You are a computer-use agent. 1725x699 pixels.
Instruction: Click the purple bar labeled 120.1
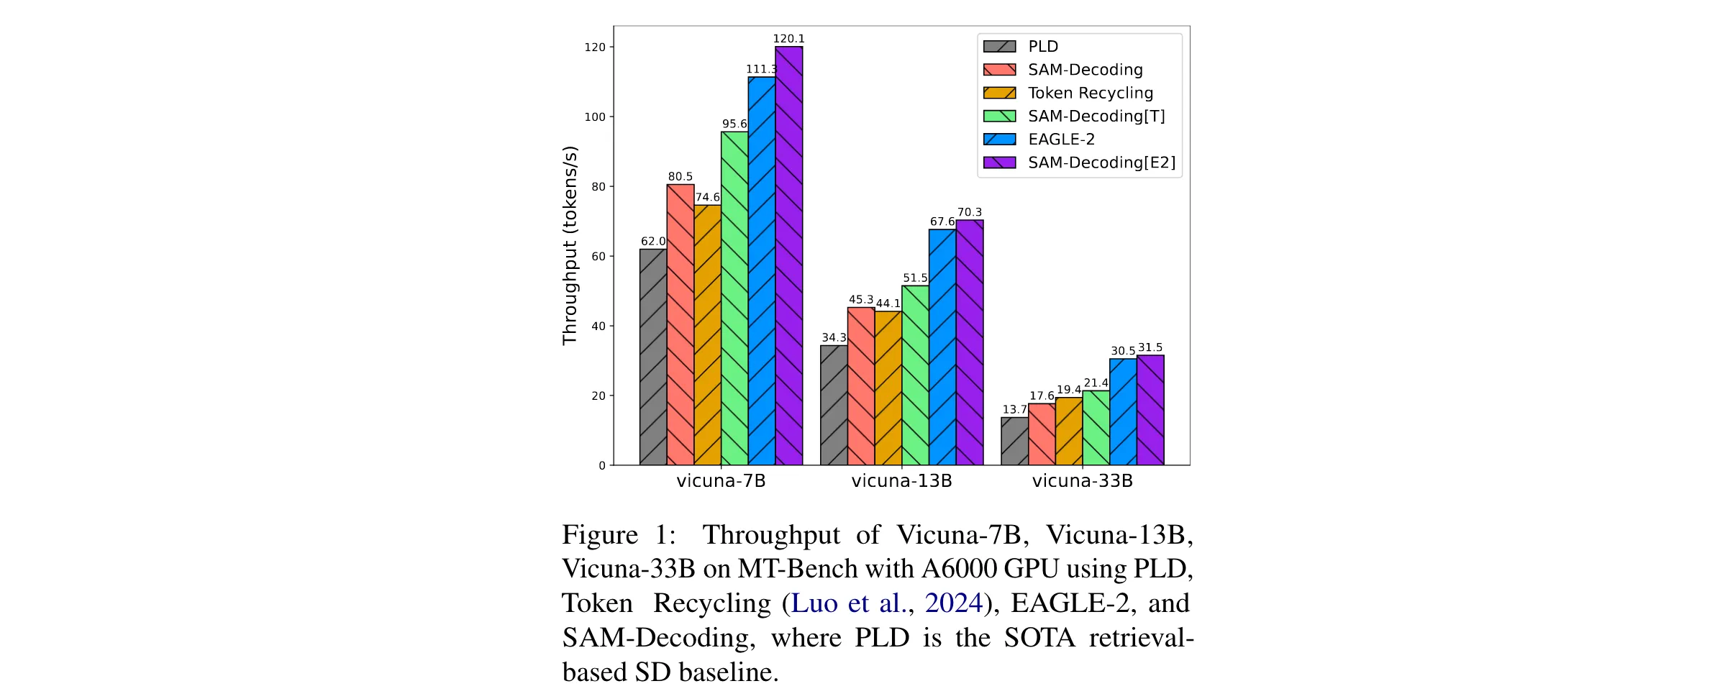point(788,256)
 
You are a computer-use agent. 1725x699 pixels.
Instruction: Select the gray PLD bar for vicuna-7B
point(653,357)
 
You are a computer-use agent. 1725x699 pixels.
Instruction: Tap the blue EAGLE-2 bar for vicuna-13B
point(942,347)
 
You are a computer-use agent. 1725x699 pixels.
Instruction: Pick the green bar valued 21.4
point(1096,428)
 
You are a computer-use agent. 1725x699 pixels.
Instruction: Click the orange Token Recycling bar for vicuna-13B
point(888,388)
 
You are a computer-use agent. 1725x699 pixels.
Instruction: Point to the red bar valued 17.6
point(1042,434)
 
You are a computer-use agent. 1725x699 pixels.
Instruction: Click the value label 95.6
point(734,124)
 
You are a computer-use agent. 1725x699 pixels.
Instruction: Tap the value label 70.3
point(970,212)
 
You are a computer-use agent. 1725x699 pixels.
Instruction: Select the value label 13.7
point(1015,409)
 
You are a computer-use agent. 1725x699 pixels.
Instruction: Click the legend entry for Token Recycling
point(1068,93)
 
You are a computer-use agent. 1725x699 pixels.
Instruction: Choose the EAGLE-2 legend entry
point(1039,140)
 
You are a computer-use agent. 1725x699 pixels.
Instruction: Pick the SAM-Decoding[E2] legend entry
point(1080,163)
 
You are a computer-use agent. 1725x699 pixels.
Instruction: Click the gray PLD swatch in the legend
point(1000,47)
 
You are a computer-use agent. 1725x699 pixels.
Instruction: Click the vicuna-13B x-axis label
point(902,481)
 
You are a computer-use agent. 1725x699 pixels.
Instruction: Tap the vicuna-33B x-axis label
point(1083,481)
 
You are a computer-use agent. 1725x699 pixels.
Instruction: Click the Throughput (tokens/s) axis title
point(570,246)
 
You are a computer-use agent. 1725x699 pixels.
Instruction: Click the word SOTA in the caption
point(1039,638)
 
